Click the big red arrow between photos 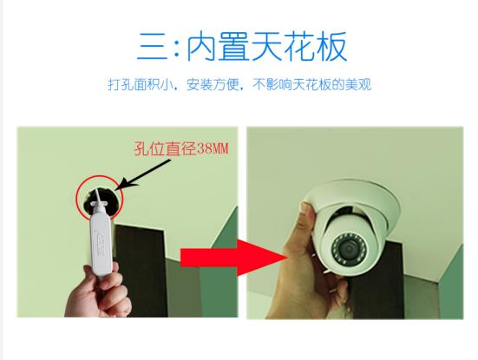[x=234, y=258]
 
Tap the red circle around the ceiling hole [x=99, y=198]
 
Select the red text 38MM [x=213, y=148]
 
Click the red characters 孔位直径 [x=165, y=148]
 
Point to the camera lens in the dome [x=349, y=249]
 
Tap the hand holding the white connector [x=98, y=292]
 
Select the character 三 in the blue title [x=154, y=46]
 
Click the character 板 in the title [x=331, y=46]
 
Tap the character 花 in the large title [x=298, y=46]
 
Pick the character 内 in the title [x=202, y=46]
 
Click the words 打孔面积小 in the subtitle [x=139, y=84]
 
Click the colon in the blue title [x=177, y=47]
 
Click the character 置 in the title [x=234, y=46]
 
